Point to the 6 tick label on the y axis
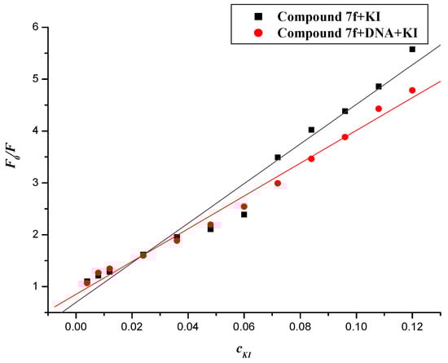[x=35, y=27]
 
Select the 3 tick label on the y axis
[x=35, y=183]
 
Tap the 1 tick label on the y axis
[x=35, y=286]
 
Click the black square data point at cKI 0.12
[x=412, y=49]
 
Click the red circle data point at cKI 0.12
[x=412, y=90]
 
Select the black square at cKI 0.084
[x=311, y=130]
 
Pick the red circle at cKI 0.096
[x=345, y=137]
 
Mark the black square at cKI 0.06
[x=244, y=215]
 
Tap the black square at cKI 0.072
[x=278, y=157]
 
